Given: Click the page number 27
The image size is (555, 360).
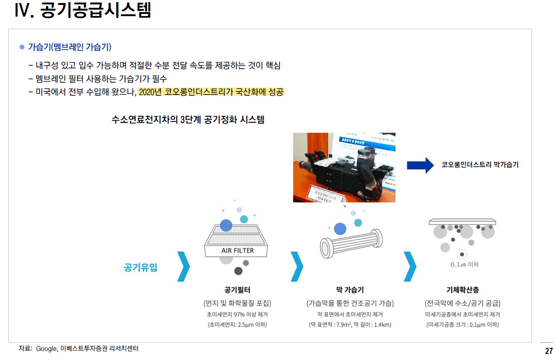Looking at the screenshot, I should (548, 351).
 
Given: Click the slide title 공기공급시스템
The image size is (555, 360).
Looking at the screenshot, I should (96, 10).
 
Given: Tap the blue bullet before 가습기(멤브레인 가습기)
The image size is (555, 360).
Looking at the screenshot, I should (22, 47).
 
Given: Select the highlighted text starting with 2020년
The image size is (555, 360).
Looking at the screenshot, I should (211, 92).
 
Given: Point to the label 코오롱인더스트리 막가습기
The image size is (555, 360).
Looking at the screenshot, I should (480, 165).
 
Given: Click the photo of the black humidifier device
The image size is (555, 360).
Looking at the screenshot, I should (344, 168).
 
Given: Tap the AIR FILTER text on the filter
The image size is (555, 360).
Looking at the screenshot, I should (237, 251).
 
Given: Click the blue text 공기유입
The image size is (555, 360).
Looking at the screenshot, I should (140, 267).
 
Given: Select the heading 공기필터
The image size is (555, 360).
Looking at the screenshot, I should (237, 289).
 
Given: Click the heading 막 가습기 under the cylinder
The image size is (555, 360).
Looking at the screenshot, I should (350, 289).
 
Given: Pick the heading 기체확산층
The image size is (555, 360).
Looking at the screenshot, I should (462, 289).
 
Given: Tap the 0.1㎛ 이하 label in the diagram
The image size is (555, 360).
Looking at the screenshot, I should (464, 264).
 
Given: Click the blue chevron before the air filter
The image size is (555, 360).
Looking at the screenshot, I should (184, 266).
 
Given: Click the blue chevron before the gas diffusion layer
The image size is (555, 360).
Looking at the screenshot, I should (409, 266).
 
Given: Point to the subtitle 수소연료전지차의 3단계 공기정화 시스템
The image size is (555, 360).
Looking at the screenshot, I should (188, 120).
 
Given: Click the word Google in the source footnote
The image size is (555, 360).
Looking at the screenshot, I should (47, 349).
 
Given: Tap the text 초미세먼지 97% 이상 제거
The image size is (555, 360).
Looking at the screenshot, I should (237, 314).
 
